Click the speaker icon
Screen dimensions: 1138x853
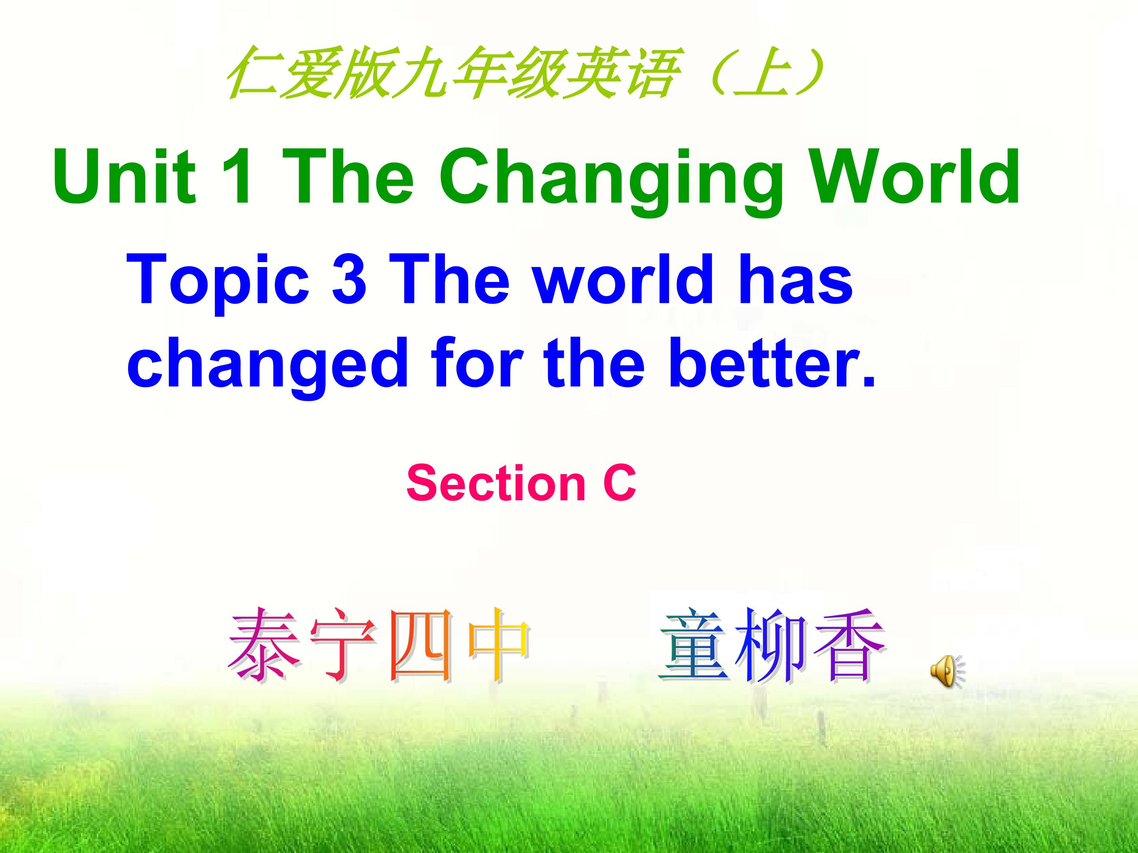coord(947,671)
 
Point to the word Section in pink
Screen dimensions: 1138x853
coord(496,483)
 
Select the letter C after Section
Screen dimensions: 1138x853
coord(620,483)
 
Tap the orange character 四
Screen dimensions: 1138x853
coord(421,645)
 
